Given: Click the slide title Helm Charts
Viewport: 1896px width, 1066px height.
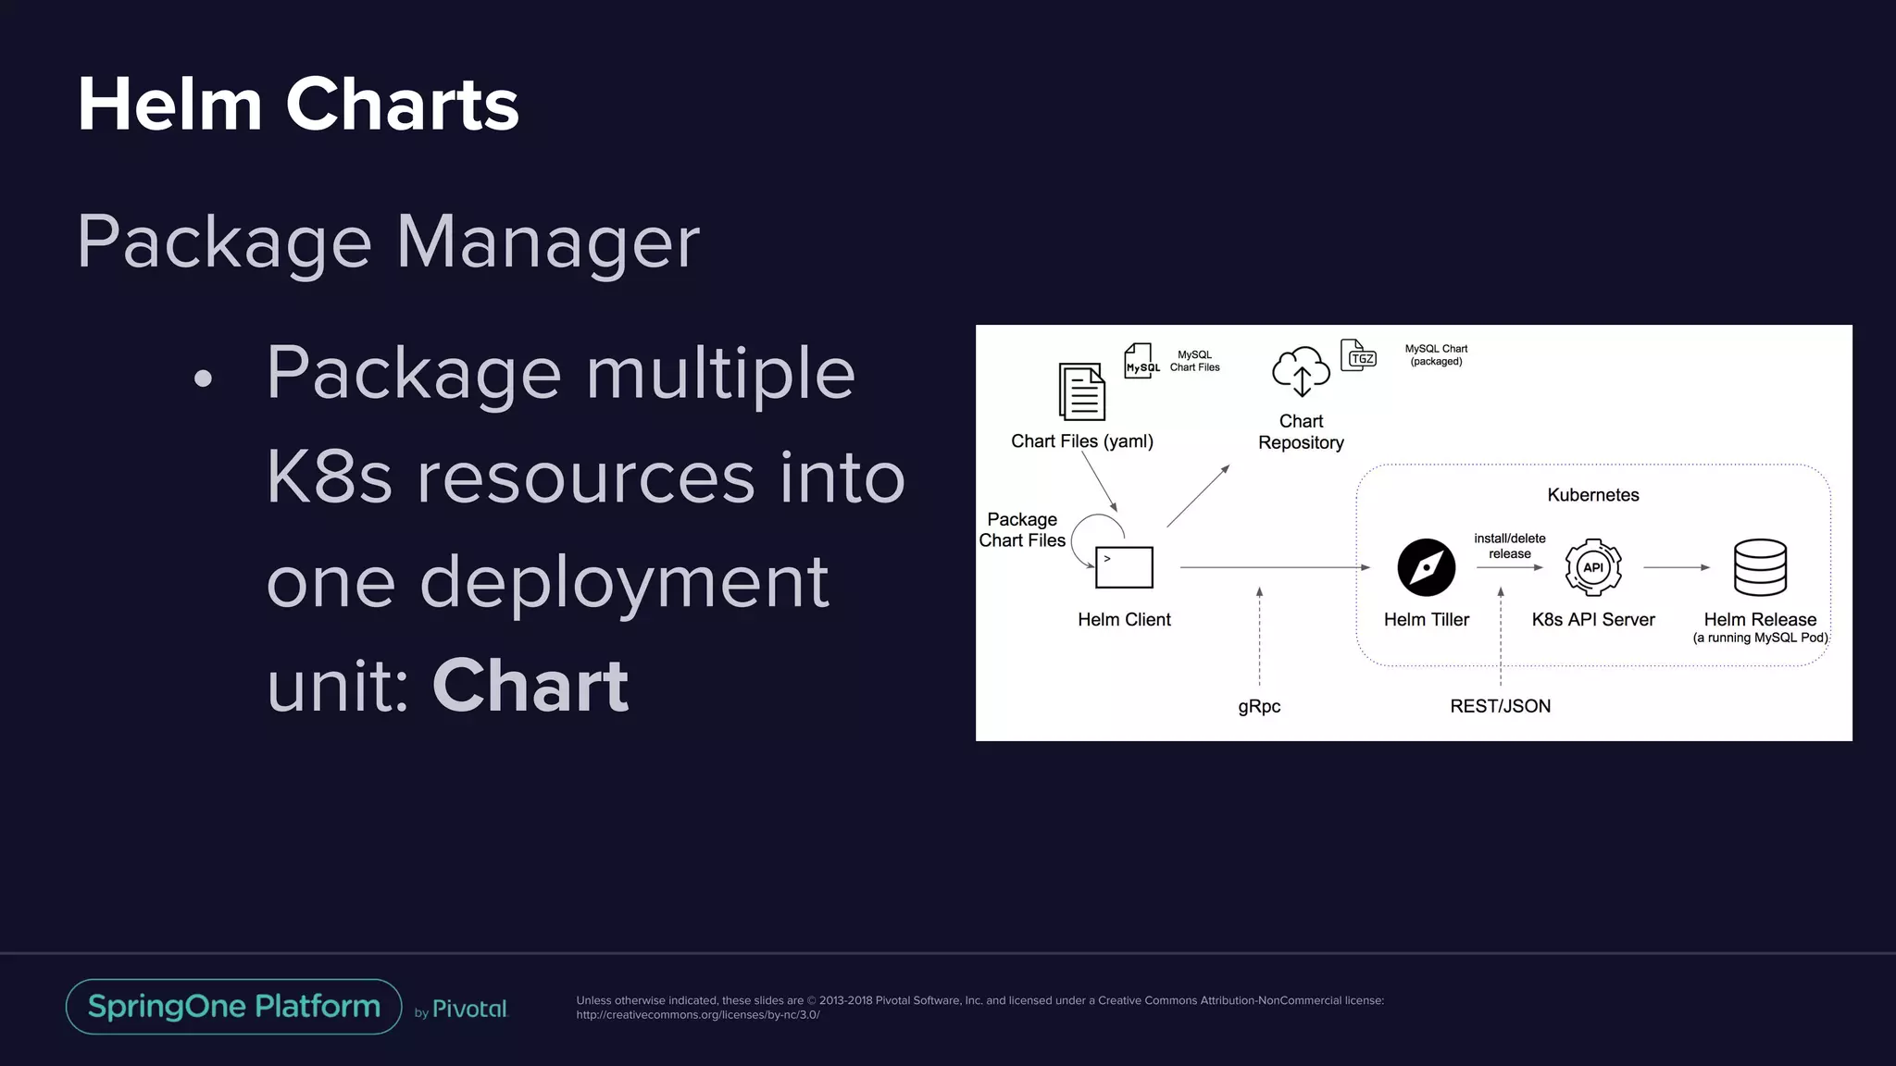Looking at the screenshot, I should [298, 105].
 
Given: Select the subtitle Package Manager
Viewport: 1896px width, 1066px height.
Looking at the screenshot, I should [388, 242].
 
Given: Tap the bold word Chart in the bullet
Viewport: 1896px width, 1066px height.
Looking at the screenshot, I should [530, 687].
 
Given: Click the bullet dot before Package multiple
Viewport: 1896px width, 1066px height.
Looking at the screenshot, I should [204, 378].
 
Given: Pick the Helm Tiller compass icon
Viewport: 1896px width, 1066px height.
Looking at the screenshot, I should [1426, 567].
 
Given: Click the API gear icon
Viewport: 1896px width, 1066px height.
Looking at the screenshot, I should [1592, 567].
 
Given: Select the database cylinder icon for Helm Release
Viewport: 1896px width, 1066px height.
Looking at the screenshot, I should [1760, 567].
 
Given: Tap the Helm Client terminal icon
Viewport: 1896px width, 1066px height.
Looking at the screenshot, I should [1124, 567].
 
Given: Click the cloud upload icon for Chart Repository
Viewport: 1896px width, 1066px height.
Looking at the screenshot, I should [1301, 372].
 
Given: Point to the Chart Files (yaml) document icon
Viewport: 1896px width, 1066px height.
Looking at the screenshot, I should [1081, 391].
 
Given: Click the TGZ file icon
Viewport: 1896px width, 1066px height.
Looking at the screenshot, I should [1359, 356].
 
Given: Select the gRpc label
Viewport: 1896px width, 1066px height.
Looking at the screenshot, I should [1259, 707].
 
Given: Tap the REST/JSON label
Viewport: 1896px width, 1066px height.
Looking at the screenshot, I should [1500, 707].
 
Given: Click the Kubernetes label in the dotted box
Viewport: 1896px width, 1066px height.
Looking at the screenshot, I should [1592, 495].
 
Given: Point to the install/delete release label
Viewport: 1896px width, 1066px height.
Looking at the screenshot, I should [1509, 546].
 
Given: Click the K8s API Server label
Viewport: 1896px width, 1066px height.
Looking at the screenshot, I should [1592, 620].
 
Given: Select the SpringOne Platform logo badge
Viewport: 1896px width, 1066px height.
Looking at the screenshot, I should [233, 1007].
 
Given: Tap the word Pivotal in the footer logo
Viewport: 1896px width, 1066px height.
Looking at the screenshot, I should [469, 1010].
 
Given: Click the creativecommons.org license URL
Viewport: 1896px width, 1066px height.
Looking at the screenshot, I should [697, 1015].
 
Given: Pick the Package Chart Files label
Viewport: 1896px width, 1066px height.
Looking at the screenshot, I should [1022, 530].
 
